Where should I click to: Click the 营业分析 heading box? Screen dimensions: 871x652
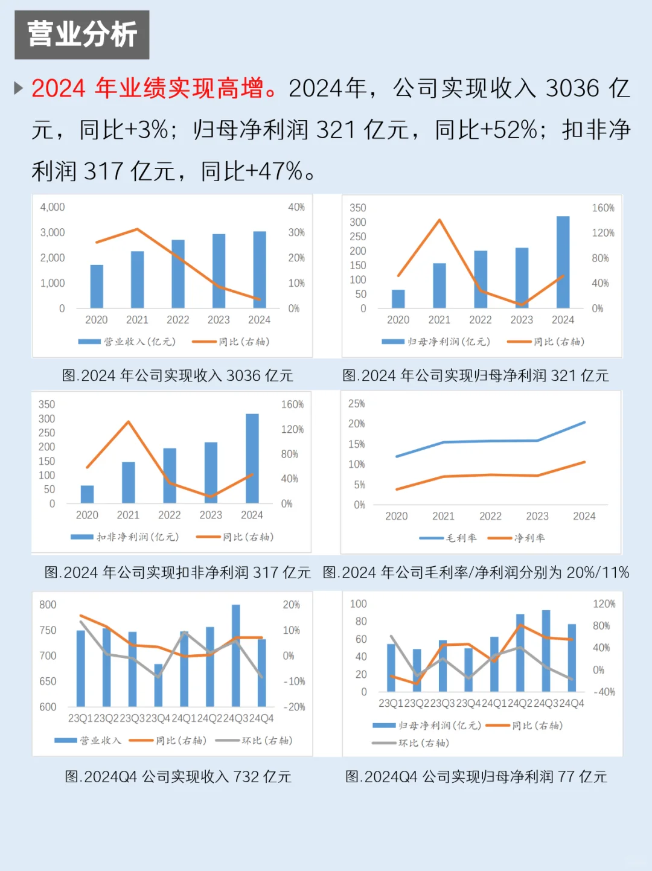82,34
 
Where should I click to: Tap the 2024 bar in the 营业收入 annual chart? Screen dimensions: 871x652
260,270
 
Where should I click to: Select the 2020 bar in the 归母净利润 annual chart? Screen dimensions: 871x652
398,299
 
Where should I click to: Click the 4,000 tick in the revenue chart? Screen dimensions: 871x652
53,207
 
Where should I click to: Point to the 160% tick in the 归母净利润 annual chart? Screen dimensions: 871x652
602,208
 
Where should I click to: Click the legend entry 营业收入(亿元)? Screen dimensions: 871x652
127,342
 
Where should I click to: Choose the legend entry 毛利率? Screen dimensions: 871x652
449,538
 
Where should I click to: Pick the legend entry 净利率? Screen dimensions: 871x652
517,538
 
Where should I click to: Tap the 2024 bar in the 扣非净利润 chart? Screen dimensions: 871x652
252,458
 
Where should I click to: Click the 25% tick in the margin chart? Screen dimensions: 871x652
357,403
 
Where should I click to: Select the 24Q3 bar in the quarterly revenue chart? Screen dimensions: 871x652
236,655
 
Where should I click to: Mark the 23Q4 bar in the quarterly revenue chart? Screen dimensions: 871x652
158,685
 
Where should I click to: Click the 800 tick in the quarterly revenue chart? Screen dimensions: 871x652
48,604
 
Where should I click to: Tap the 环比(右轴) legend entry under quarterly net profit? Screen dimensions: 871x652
411,743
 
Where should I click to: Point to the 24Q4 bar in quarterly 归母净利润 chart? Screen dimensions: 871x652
572,657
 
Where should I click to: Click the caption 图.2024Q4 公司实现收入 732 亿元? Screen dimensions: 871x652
178,776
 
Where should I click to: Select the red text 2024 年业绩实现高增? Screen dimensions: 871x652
155,89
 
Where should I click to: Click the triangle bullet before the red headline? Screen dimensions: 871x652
19,89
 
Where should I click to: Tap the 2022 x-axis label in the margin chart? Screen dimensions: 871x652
490,516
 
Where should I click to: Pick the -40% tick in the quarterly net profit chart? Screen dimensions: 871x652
604,692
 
